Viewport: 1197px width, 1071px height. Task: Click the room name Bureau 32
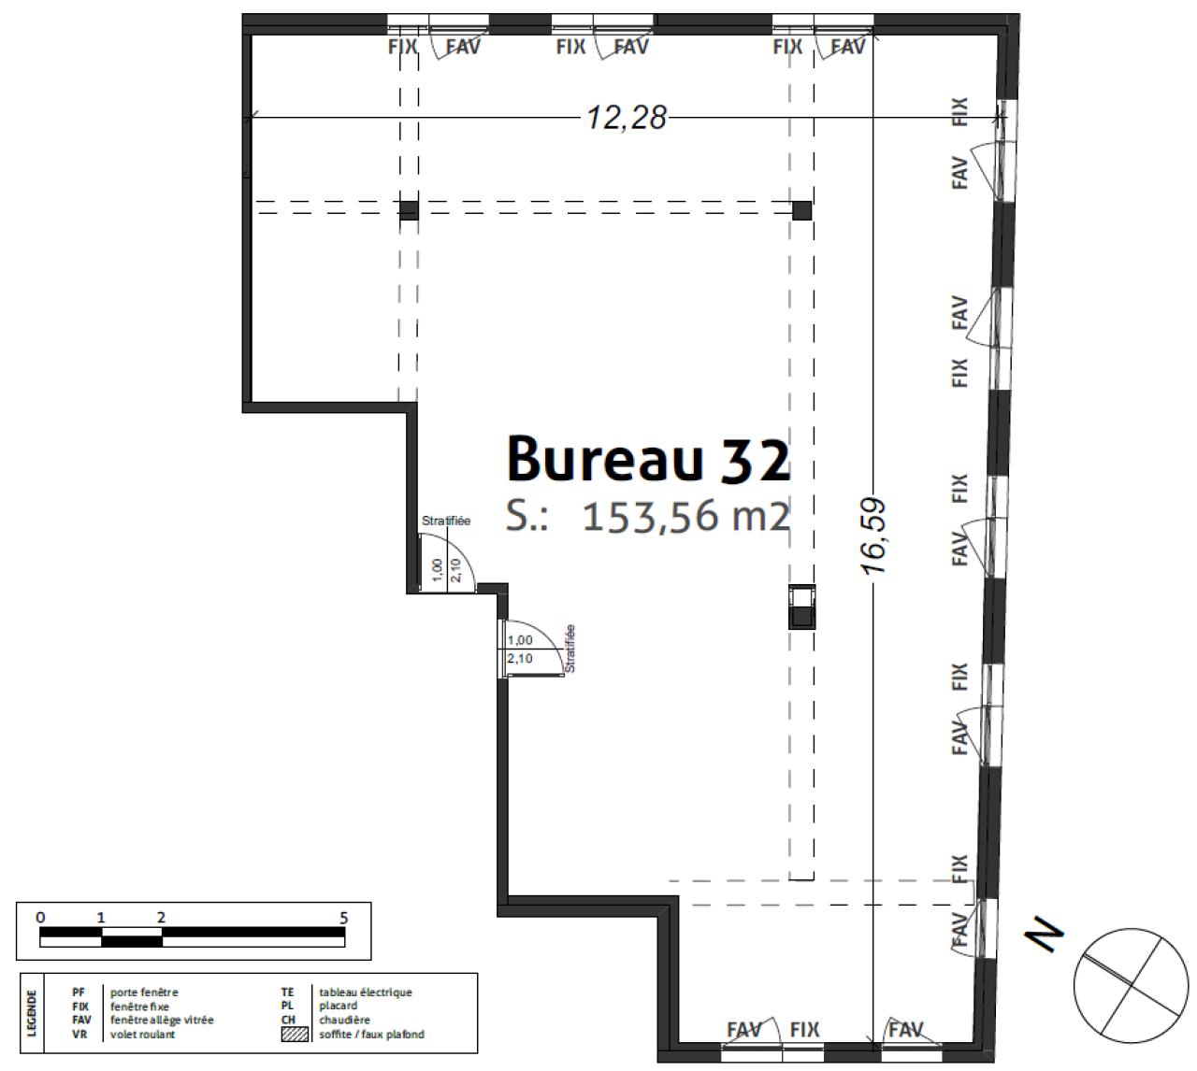tap(647, 459)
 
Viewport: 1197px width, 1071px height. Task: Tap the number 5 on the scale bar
tap(343, 918)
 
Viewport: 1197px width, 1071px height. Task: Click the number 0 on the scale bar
tap(40, 918)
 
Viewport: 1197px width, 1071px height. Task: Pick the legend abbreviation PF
tap(79, 992)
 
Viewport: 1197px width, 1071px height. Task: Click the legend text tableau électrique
tap(365, 992)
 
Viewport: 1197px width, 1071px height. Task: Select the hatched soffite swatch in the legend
tap(295, 1035)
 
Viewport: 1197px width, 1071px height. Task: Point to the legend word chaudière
tap(344, 1021)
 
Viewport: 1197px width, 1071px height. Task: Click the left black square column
tap(409, 209)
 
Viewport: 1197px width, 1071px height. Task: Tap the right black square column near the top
tap(801, 210)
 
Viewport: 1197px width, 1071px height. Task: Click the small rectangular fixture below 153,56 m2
tap(801, 607)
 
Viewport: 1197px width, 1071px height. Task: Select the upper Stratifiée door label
tap(446, 521)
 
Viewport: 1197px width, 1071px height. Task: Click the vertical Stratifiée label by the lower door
tap(570, 648)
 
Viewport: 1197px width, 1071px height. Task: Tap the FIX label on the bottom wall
tap(804, 1030)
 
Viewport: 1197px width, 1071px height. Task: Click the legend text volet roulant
tap(142, 1035)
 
